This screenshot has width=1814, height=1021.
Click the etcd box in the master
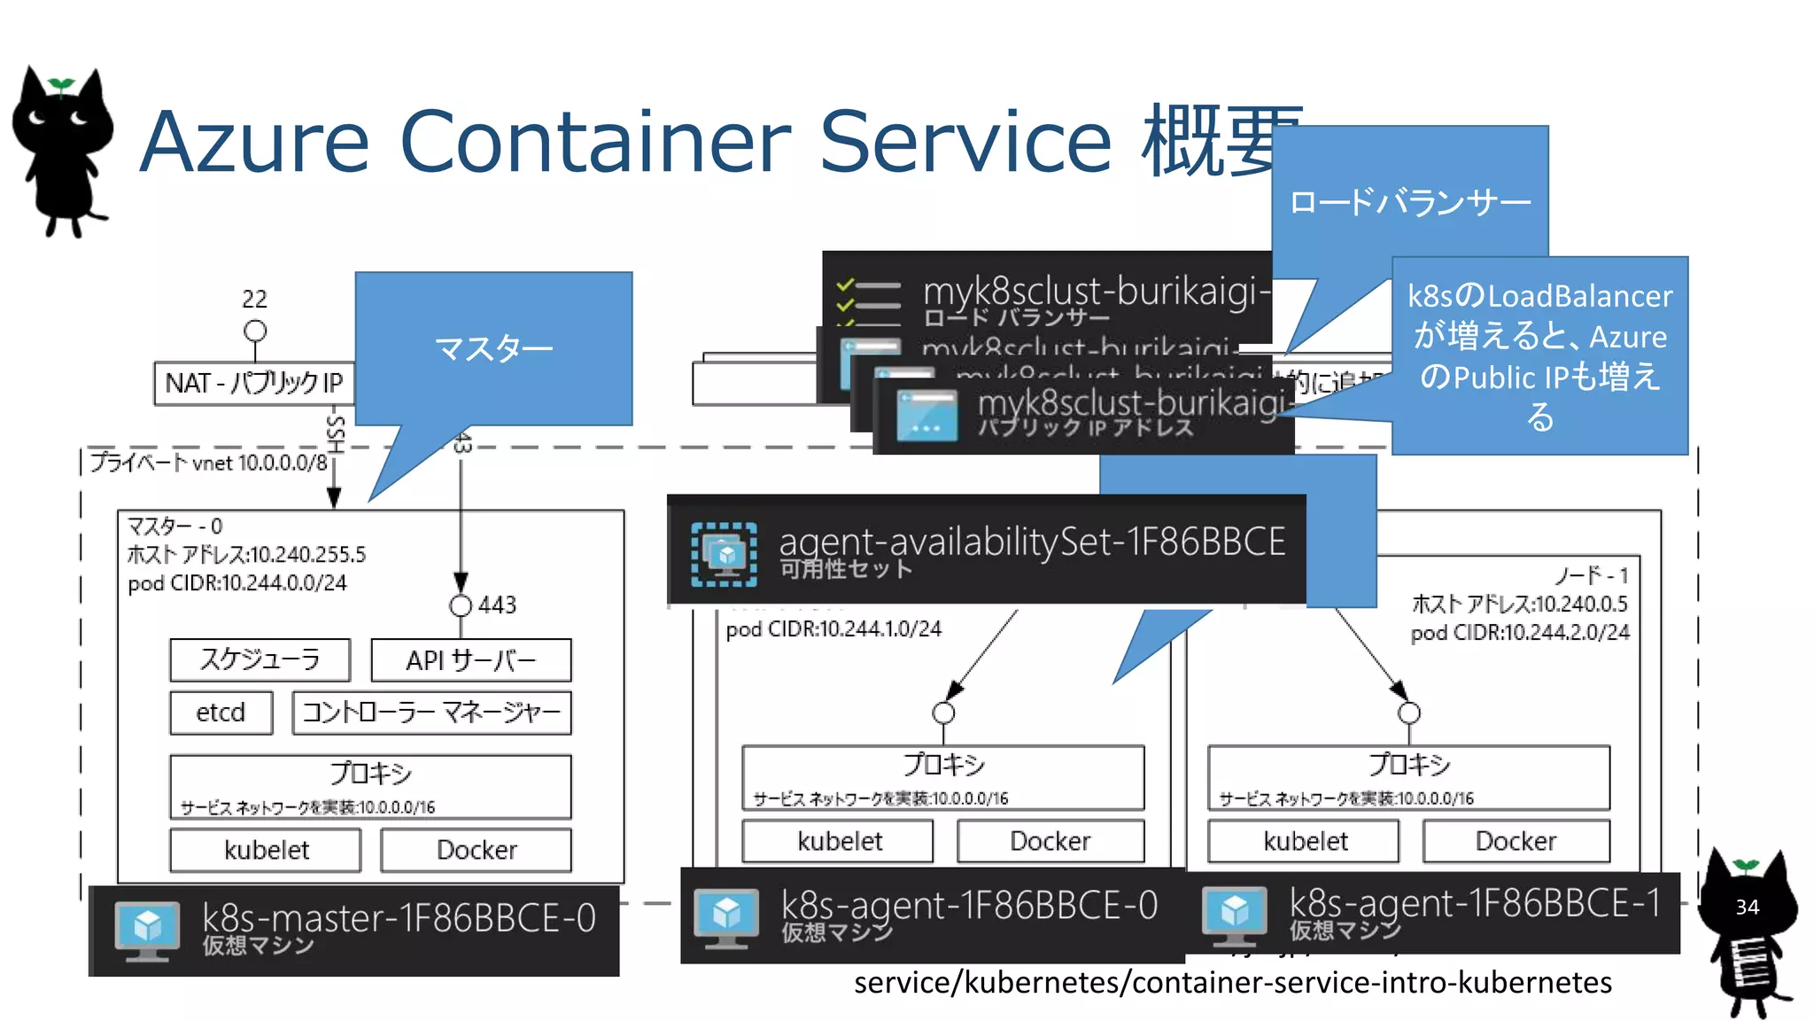(221, 713)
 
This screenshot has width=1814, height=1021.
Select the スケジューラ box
(260, 659)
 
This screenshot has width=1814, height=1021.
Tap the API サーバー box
(470, 660)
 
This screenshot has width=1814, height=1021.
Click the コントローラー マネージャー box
(431, 713)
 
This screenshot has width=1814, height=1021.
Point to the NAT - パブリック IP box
(253, 383)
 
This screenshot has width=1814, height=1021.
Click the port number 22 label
(254, 299)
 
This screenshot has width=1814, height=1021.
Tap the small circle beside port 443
(461, 605)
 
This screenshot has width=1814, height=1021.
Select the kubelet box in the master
(266, 850)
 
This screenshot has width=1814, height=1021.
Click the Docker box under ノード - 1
(1516, 840)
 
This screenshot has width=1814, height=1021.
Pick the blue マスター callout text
(493, 348)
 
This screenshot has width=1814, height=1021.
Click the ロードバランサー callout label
(1409, 202)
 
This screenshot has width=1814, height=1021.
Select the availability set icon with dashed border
(724, 555)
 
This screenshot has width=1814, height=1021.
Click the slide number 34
(1747, 907)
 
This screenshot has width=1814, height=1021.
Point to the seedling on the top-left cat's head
(61, 85)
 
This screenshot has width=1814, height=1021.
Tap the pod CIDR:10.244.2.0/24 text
(1519, 633)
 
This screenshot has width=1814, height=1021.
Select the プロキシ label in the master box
(370, 773)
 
